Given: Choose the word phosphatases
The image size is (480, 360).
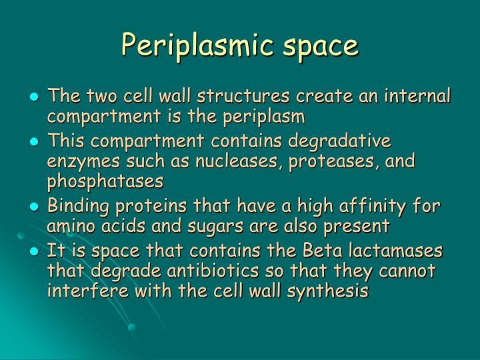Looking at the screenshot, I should coord(105,181).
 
